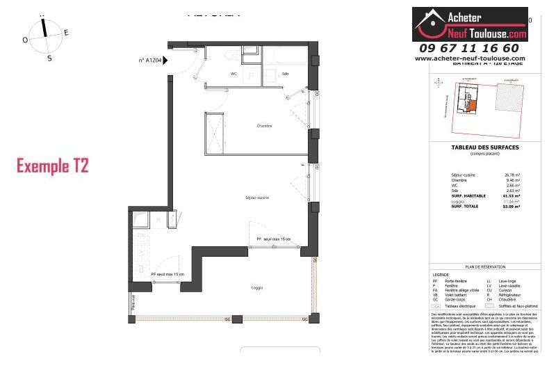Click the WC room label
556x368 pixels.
[234, 74]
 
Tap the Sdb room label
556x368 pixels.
[285, 74]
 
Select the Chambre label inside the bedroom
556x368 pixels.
[263, 126]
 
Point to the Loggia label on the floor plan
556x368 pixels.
[239, 287]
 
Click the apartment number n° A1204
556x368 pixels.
[149, 61]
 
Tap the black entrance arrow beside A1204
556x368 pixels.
[165, 61]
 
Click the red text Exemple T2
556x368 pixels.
[52, 166]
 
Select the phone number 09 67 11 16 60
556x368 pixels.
[469, 48]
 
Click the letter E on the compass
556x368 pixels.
[66, 33]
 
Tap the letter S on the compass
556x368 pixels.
[49, 58]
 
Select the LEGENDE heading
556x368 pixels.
[441, 275]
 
